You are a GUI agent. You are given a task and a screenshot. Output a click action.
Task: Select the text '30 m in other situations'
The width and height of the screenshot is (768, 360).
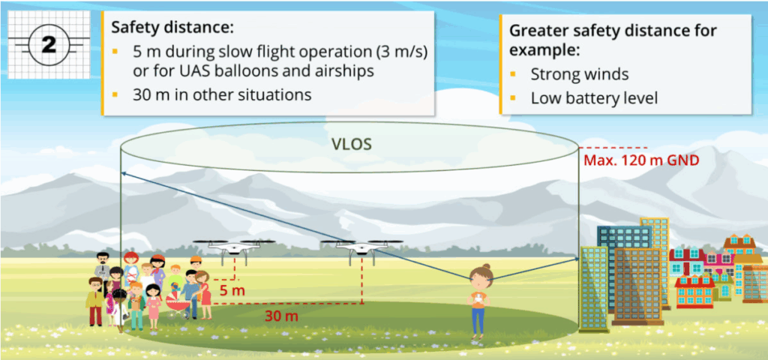218,95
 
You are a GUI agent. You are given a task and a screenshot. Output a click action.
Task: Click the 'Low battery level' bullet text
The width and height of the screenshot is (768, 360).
594,98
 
